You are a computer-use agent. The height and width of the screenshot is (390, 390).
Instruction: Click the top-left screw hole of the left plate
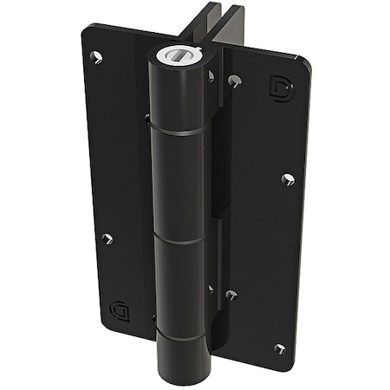[97, 58]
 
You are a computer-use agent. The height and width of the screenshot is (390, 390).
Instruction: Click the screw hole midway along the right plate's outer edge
[288, 179]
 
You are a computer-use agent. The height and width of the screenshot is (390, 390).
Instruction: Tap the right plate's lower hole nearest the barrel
[231, 295]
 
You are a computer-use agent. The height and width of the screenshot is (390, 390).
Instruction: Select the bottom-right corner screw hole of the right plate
[280, 348]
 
